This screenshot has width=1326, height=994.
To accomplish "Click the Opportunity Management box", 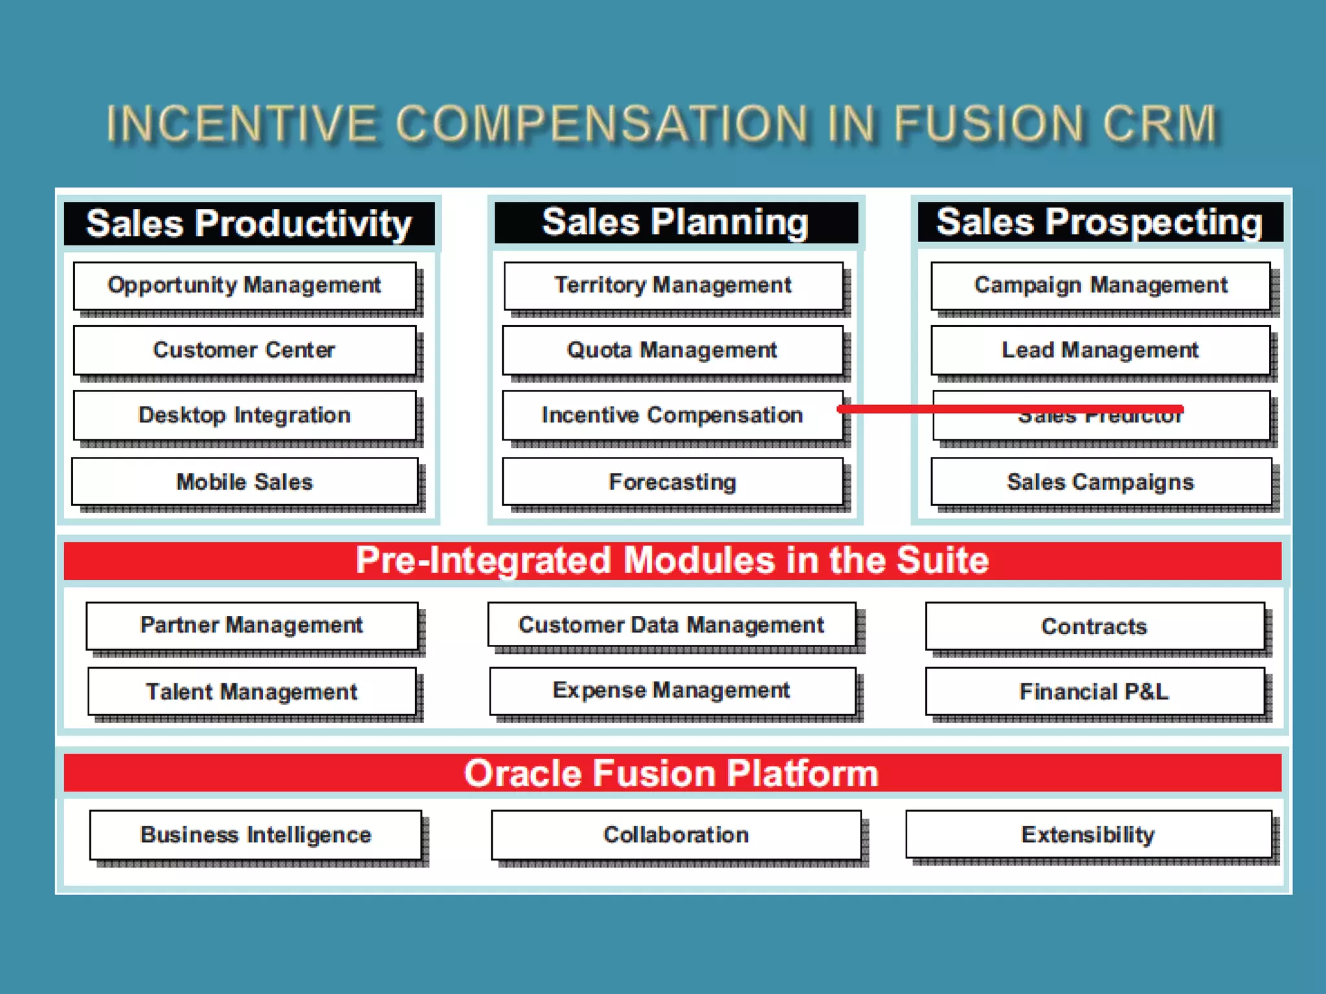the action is (245, 285).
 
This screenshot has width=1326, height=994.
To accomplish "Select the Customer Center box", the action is (245, 350).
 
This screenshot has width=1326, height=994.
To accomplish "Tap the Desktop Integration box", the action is (245, 415).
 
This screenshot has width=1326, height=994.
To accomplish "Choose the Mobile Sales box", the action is (245, 481).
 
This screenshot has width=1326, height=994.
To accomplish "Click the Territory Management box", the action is (673, 285).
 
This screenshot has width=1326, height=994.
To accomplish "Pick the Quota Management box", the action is (672, 350).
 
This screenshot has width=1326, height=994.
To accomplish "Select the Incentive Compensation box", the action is (672, 415).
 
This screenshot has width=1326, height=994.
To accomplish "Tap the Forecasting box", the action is (672, 481).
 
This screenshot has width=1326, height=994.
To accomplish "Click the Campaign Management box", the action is (1101, 285).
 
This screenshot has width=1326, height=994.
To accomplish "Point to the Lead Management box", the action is (1101, 350).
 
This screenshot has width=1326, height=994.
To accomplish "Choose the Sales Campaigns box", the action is (1101, 481).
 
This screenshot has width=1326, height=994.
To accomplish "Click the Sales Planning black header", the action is (675, 223).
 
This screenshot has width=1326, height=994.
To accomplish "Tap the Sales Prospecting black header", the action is (1099, 223).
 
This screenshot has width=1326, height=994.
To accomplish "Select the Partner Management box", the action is (252, 625).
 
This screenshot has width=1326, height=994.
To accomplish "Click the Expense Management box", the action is (671, 690).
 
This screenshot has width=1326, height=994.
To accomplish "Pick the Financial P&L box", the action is (1094, 691).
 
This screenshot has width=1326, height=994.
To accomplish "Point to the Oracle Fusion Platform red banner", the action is (671, 773).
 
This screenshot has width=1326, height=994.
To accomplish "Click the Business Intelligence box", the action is (256, 835).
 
